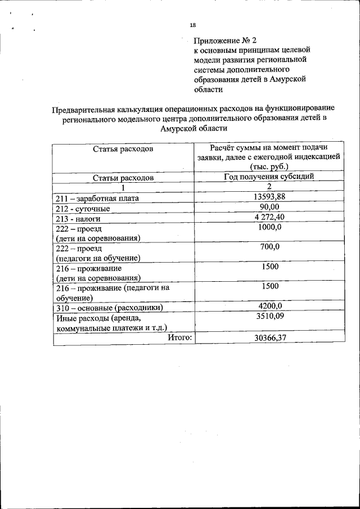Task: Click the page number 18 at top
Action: (x=192, y=25)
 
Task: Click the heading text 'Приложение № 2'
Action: (x=225, y=40)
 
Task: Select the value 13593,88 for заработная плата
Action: (x=269, y=196)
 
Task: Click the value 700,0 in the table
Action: (x=269, y=246)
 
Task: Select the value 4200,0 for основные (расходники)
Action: (x=269, y=306)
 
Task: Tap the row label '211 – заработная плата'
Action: (x=97, y=198)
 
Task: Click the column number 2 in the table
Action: (x=269, y=186)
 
